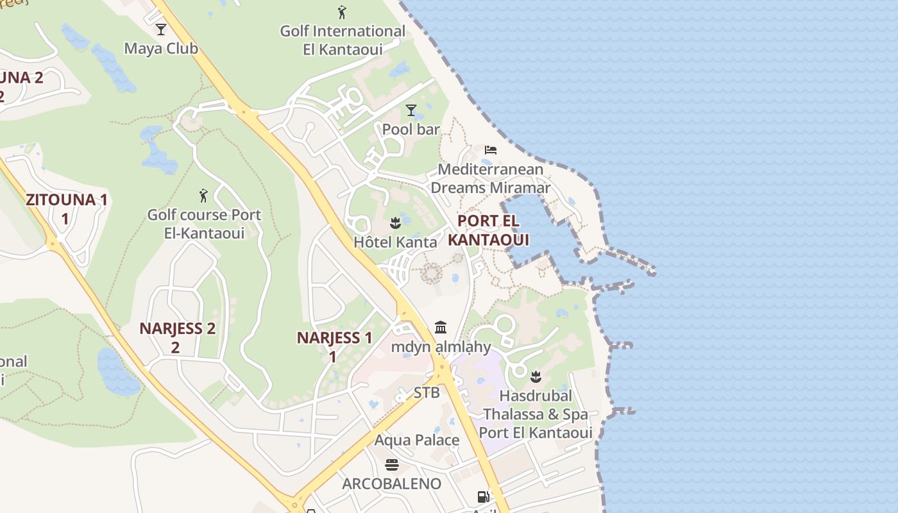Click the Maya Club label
[161, 49]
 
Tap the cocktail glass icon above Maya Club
[161, 29]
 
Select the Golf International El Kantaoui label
[343, 40]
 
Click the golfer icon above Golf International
[342, 12]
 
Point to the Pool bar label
[411, 130]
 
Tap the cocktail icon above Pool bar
[411, 110]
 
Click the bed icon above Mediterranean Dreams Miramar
[491, 150]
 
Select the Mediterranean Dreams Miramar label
[490, 179]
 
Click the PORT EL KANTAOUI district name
[488, 230]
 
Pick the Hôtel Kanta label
[395, 242]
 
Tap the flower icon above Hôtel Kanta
[395, 223]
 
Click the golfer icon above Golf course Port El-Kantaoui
[204, 195]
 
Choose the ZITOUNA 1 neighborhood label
[66, 208]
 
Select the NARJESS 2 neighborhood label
[177, 337]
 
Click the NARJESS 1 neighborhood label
[334, 346]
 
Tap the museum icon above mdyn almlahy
[441, 328]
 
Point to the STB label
[427, 392]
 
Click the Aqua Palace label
[417, 441]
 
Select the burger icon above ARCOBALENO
[392, 464]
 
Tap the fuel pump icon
[483, 496]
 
